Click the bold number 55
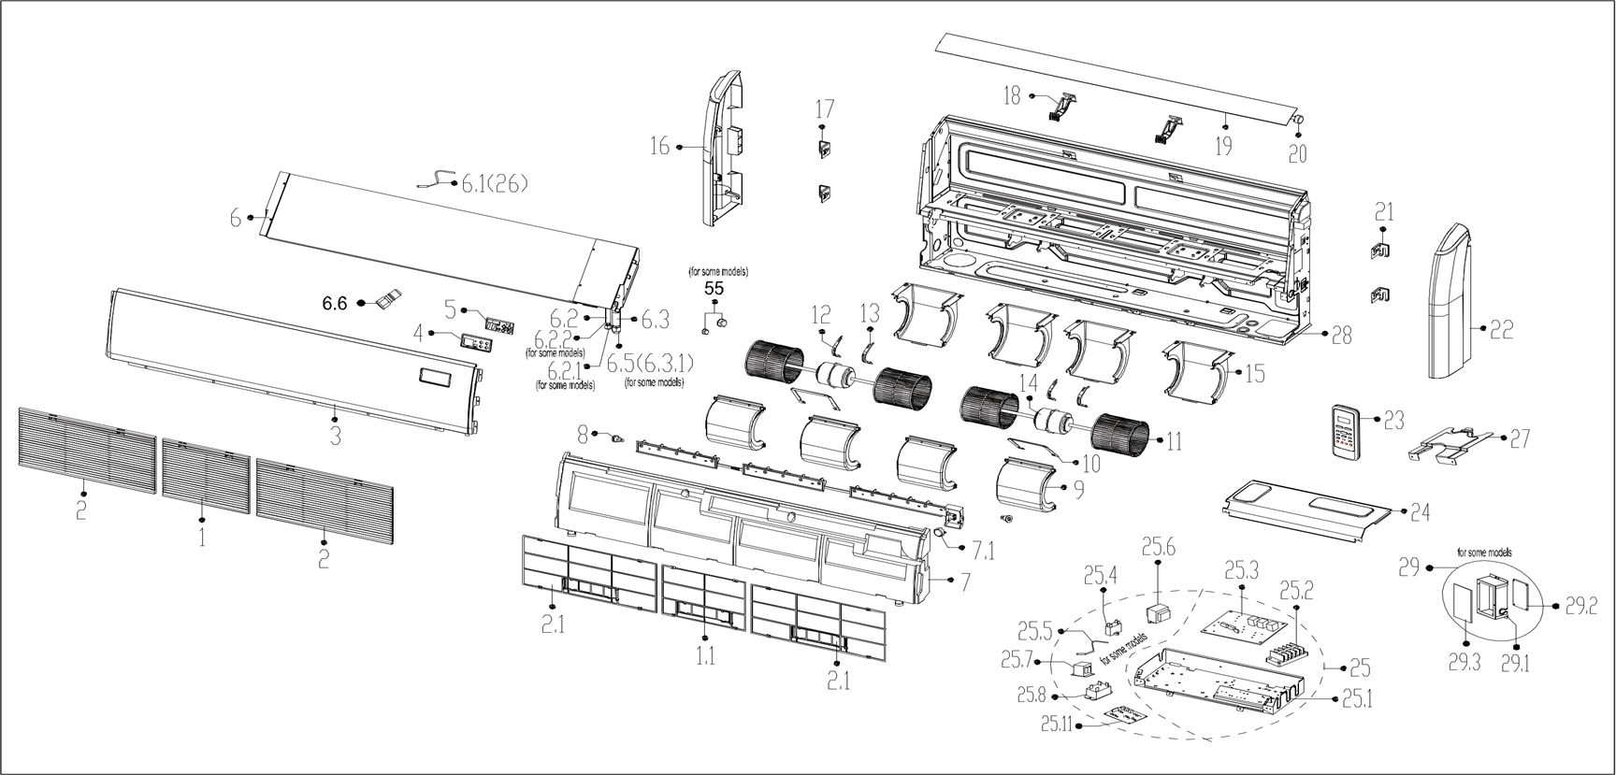click(714, 289)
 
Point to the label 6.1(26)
click(494, 184)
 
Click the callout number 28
click(1341, 336)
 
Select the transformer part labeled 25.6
click(1157, 612)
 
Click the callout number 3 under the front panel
click(335, 436)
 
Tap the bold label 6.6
click(334, 303)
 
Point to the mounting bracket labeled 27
click(1450, 444)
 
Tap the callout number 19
click(1222, 145)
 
